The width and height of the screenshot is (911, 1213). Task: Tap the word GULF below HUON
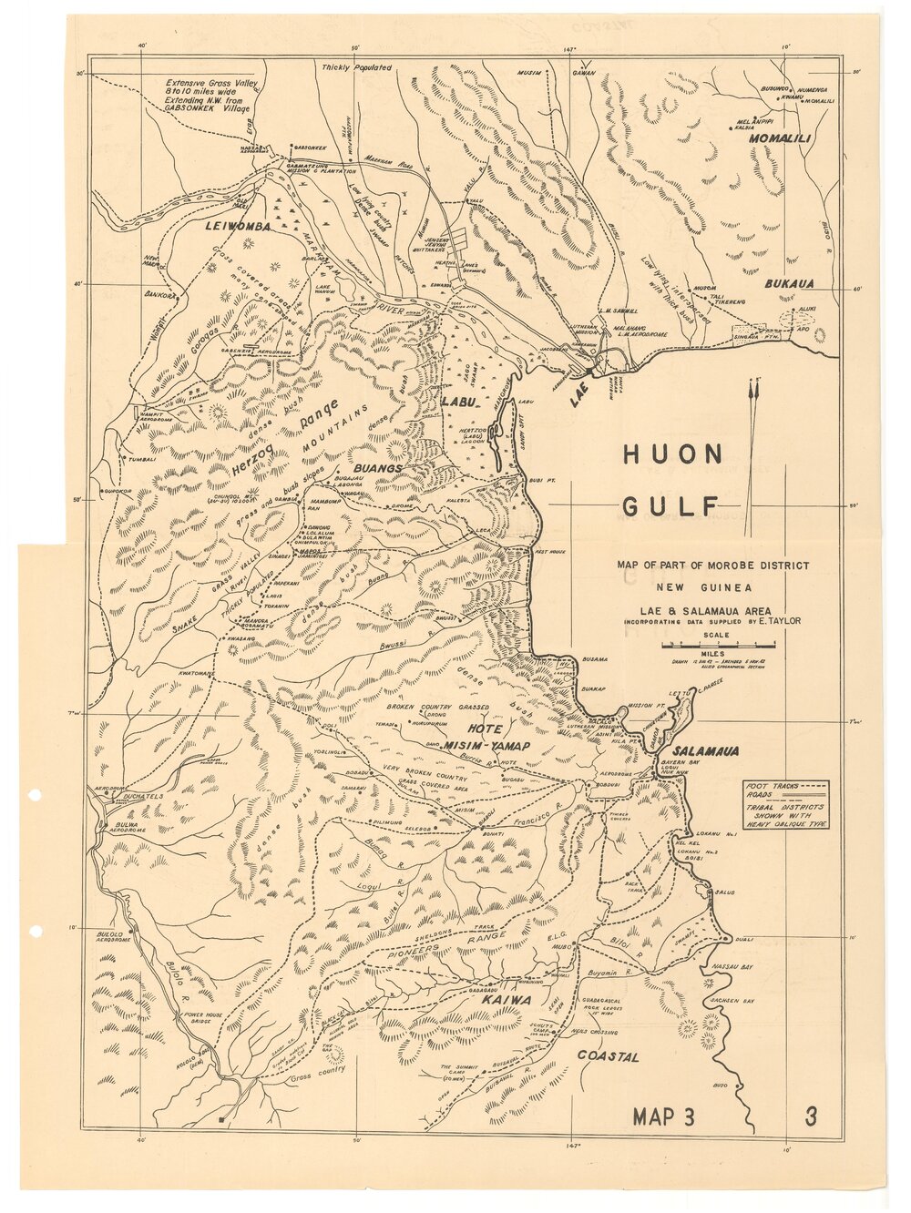[x=670, y=506]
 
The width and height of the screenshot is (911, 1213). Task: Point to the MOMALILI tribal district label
[x=780, y=140]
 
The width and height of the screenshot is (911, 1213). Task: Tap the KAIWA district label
[x=507, y=999]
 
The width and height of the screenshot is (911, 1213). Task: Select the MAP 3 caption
[x=663, y=1117]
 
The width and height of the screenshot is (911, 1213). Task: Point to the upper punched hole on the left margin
[x=36, y=794]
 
